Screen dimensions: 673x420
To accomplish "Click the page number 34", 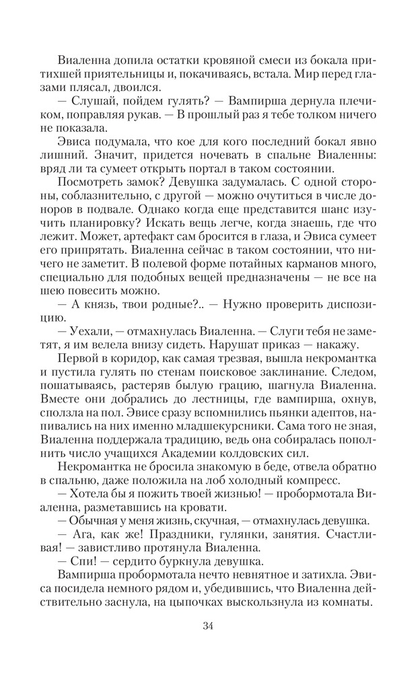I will [x=208, y=627].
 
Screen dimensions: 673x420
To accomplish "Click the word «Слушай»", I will [x=90, y=100].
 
